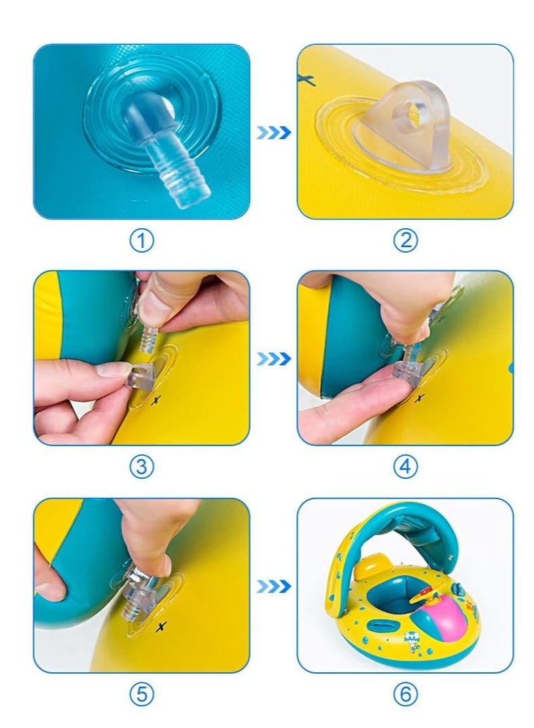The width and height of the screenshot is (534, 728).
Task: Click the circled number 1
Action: (141, 241)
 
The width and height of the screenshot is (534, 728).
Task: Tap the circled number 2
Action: (406, 240)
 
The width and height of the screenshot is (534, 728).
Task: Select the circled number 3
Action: (141, 467)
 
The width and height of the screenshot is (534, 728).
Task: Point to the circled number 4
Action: (406, 467)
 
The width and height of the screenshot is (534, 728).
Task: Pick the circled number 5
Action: (141, 694)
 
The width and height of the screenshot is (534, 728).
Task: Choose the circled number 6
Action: (406, 694)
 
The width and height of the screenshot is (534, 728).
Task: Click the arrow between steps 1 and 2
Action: (274, 133)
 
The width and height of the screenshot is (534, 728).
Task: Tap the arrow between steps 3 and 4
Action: (274, 359)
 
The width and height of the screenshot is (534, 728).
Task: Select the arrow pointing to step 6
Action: (274, 586)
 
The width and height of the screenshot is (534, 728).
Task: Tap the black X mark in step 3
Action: (157, 399)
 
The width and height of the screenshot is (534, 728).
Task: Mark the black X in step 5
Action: (161, 627)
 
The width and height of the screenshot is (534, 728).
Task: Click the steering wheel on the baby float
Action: (427, 594)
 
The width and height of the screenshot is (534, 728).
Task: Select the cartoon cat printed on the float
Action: (410, 641)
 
